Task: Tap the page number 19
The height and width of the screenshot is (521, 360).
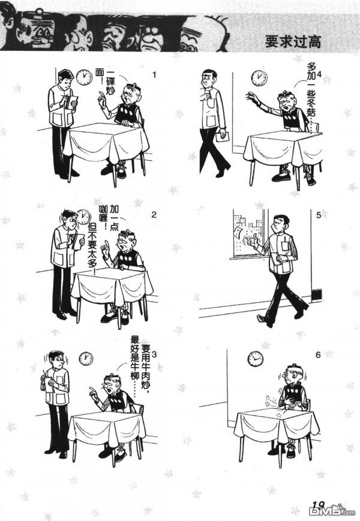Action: [x=318, y=505]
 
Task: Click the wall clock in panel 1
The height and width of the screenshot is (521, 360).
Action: [x=83, y=77]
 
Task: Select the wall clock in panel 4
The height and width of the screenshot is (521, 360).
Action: [x=259, y=78]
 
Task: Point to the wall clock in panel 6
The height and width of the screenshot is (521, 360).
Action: [x=256, y=359]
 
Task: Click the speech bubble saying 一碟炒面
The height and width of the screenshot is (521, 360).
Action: [x=111, y=80]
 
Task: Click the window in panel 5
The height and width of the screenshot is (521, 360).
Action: [x=247, y=234]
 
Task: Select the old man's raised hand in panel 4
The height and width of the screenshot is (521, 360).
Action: [x=251, y=97]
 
